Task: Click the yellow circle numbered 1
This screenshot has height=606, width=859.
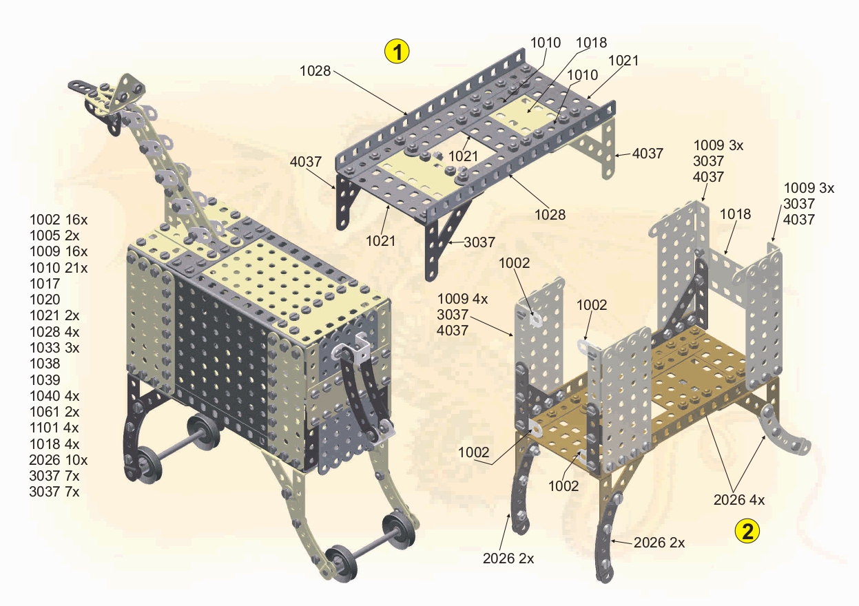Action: pyautogui.click(x=397, y=52)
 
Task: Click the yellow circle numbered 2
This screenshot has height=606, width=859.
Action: pyautogui.click(x=747, y=531)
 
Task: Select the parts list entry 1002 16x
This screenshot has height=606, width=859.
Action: pyautogui.click(x=59, y=220)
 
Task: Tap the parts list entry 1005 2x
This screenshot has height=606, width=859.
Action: pyautogui.click(x=54, y=236)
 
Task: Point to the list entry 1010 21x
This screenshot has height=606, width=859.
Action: pyautogui.click(x=59, y=268)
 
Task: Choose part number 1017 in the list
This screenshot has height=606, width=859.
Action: pyautogui.click(x=45, y=284)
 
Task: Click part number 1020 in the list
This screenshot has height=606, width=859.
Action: pyautogui.click(x=45, y=300)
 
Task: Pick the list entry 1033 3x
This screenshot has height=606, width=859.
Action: pyautogui.click(x=54, y=348)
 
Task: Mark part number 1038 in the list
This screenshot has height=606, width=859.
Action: pyautogui.click(x=45, y=364)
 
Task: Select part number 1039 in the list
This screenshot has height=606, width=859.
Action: pyautogui.click(x=45, y=380)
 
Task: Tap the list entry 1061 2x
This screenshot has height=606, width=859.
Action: pyautogui.click(x=54, y=412)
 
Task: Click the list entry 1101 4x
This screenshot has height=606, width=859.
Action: pyautogui.click(x=54, y=428)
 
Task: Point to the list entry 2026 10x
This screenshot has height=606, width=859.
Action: pyautogui.click(x=59, y=459)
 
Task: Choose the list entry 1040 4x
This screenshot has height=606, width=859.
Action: pyautogui.click(x=54, y=395)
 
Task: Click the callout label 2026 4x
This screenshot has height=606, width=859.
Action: pyautogui.click(x=739, y=500)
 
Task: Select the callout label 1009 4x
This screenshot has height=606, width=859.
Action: pyautogui.click(x=462, y=299)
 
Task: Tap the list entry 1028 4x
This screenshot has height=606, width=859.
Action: pyautogui.click(x=54, y=331)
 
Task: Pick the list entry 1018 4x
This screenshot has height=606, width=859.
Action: pyautogui.click(x=54, y=444)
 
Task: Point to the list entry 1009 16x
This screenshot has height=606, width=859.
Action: pyautogui.click(x=59, y=251)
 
